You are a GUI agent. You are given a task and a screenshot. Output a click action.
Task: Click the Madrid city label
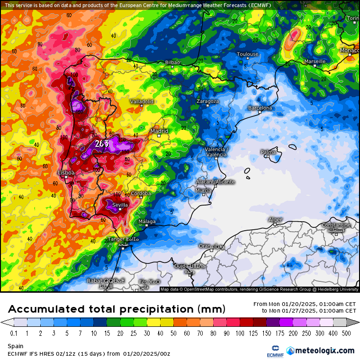pos(159,131)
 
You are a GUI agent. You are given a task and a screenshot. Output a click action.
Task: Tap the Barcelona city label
pos(260,108)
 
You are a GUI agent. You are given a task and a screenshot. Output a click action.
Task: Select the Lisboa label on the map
pos(66,173)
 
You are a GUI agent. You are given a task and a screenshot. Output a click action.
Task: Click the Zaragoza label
pos(208,101)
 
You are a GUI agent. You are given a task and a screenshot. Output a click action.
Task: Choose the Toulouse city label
pos(248,54)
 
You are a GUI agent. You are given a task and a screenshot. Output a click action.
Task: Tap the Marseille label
pos(315,62)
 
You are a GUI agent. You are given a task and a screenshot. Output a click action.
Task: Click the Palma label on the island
pos(268,152)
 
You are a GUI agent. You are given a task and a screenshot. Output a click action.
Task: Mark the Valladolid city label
pos(142,101)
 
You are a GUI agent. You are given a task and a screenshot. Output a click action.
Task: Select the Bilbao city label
pos(172,62)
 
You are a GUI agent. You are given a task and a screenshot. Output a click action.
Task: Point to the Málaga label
pos(146,222)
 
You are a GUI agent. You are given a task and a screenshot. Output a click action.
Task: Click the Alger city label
pos(275,219)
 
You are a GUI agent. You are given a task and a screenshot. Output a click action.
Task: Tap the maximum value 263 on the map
pos(101,144)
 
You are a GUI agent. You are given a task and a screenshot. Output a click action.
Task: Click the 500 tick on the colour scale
pos(346,333)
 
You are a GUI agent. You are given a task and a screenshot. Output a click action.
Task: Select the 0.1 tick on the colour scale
pos(14,333)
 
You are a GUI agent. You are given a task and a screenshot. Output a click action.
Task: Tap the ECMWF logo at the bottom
pos(272,351)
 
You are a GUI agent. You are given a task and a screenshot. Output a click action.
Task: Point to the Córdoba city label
pos(141,193)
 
